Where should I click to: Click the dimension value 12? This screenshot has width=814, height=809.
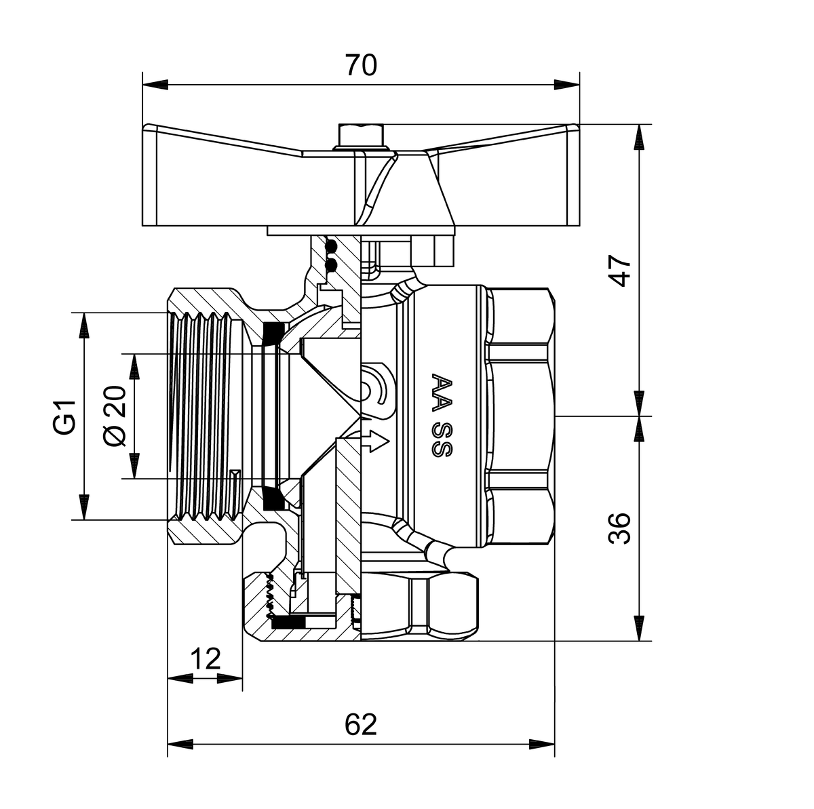pos(206,658)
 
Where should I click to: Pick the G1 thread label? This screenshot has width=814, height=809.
pos(64,418)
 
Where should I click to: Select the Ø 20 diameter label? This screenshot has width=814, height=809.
pos(115,416)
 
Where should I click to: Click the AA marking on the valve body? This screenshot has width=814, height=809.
pos(442,393)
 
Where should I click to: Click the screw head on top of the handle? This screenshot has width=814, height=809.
pos(362,137)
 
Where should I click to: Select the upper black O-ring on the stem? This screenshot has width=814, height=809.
pos(332,245)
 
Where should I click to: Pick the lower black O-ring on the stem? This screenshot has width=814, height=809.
pos(332,265)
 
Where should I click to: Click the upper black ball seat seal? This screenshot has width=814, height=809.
pos(273,334)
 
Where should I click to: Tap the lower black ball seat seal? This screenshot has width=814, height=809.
pos(274,498)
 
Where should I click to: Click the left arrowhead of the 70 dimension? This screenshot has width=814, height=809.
pos(155,85)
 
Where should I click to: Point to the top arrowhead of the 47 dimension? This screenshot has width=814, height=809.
pos(640,137)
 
